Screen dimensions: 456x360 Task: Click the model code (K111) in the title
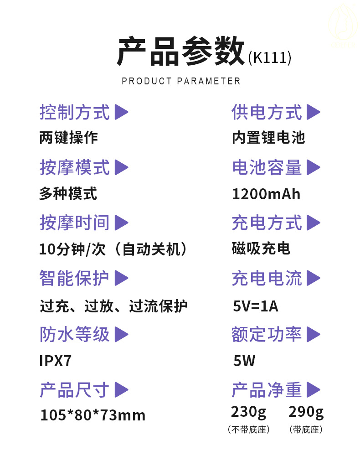[269, 58]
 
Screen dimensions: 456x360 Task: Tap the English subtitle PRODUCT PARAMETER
[181, 81]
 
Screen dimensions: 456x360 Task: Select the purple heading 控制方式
[75, 112]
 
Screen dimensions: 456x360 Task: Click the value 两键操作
[68, 138]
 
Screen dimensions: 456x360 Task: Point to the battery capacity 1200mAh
[266, 194]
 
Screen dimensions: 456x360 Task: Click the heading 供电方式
[267, 112]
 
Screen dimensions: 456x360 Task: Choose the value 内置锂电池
[268, 138]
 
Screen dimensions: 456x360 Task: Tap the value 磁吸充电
[261, 249]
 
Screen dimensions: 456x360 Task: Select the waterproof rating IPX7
[55, 361]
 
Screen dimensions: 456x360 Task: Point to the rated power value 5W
[244, 361]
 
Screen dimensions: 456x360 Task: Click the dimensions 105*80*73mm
[93, 415]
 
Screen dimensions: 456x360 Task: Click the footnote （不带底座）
[248, 430]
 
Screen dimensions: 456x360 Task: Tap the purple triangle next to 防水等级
[121, 334]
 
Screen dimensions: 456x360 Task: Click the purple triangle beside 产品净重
[313, 390]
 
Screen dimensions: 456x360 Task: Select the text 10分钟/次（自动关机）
[113, 249]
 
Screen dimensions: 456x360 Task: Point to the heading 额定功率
[267, 334]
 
